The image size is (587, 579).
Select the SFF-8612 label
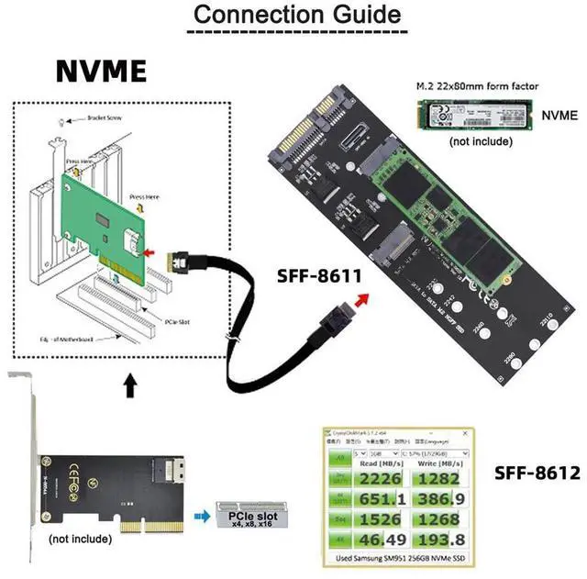tap(537, 473)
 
